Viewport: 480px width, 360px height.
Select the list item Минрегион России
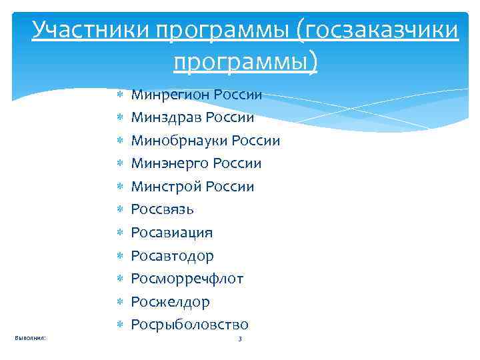tap(197, 95)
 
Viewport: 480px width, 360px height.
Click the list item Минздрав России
tap(193, 117)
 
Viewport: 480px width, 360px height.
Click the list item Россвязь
tap(163, 209)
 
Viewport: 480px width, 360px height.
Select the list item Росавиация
tap(172, 233)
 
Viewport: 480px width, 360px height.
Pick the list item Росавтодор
tap(173, 256)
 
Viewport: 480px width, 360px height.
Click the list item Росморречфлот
tap(187, 279)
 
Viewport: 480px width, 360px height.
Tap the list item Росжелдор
tap(171, 302)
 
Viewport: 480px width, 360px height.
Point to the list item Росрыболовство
tap(190, 325)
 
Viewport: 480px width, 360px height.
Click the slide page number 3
tap(240, 340)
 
